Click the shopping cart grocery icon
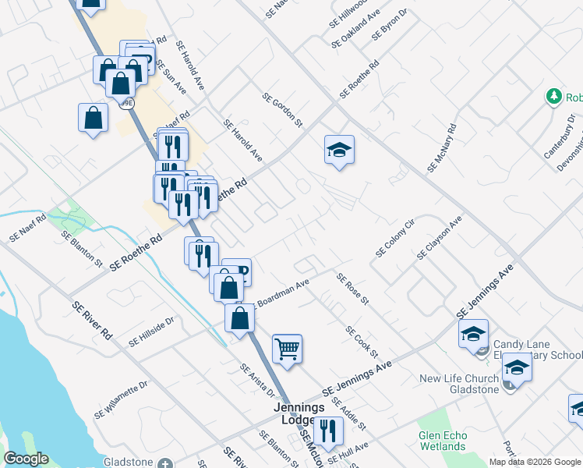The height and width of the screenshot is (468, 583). pyautogui.click(x=287, y=349)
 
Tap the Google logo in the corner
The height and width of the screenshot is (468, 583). pyautogui.click(x=26, y=459)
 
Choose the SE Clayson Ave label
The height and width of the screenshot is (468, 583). pyautogui.click(x=440, y=238)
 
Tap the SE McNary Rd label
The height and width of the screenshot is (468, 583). pyautogui.click(x=441, y=148)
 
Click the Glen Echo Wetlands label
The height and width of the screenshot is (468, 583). pyautogui.click(x=442, y=441)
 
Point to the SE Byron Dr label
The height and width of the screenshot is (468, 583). pyautogui.click(x=390, y=26)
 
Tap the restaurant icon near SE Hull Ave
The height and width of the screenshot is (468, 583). pyautogui.click(x=329, y=431)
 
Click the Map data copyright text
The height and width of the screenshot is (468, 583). pyautogui.click(x=535, y=462)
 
